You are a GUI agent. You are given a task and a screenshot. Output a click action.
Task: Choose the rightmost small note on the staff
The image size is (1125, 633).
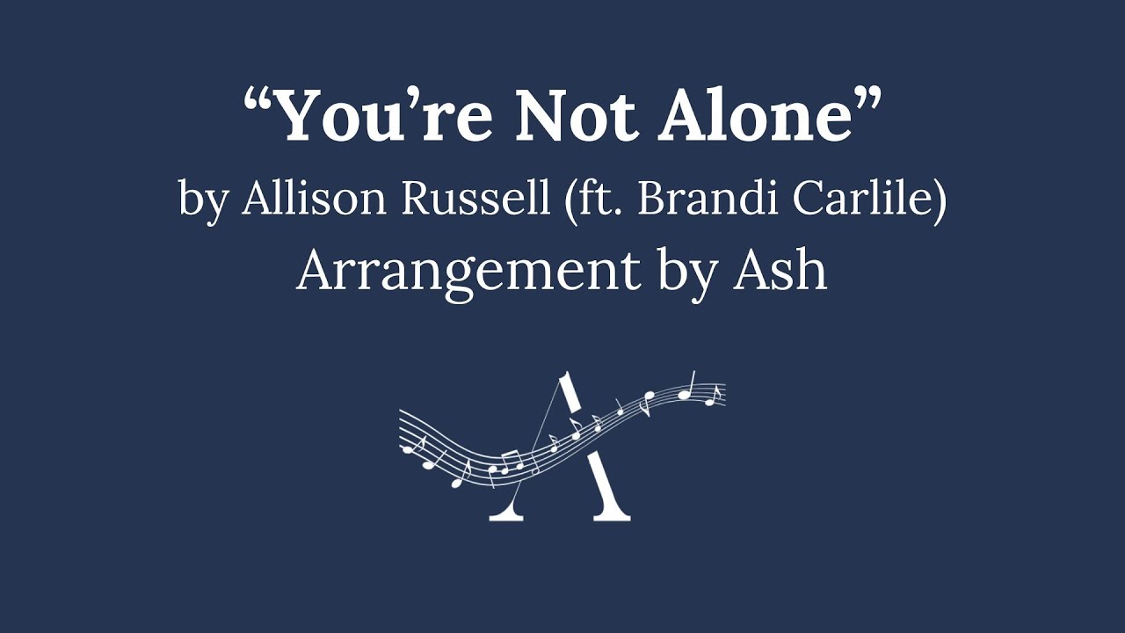pyautogui.click(x=715, y=397)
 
